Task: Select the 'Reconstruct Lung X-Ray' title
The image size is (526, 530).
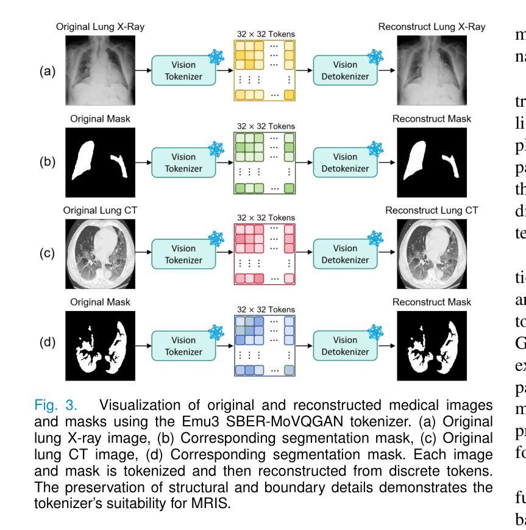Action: tap(432, 27)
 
